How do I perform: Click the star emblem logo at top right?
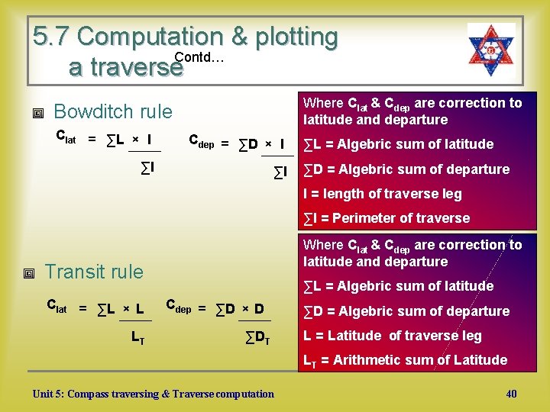point(491,49)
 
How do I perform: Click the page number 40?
point(511,394)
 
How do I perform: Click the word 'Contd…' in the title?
point(199,58)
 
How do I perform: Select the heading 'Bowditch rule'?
point(113,111)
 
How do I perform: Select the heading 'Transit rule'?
point(94,272)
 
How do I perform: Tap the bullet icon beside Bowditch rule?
point(37,113)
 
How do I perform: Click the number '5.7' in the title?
point(51,36)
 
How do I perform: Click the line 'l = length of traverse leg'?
point(383,194)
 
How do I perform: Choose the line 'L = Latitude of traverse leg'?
point(393,336)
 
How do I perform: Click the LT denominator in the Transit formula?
point(137,336)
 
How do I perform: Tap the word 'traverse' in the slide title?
point(125,67)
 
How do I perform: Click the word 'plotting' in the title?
point(293,36)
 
